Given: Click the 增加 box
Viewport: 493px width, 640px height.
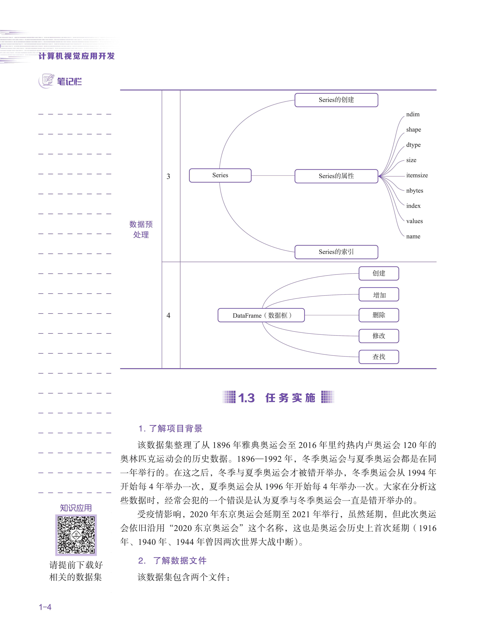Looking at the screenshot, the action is coord(379,294).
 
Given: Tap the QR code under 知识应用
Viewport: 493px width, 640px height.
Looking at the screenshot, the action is coord(76,535).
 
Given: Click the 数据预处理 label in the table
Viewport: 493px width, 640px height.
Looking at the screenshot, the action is coord(141,229).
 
